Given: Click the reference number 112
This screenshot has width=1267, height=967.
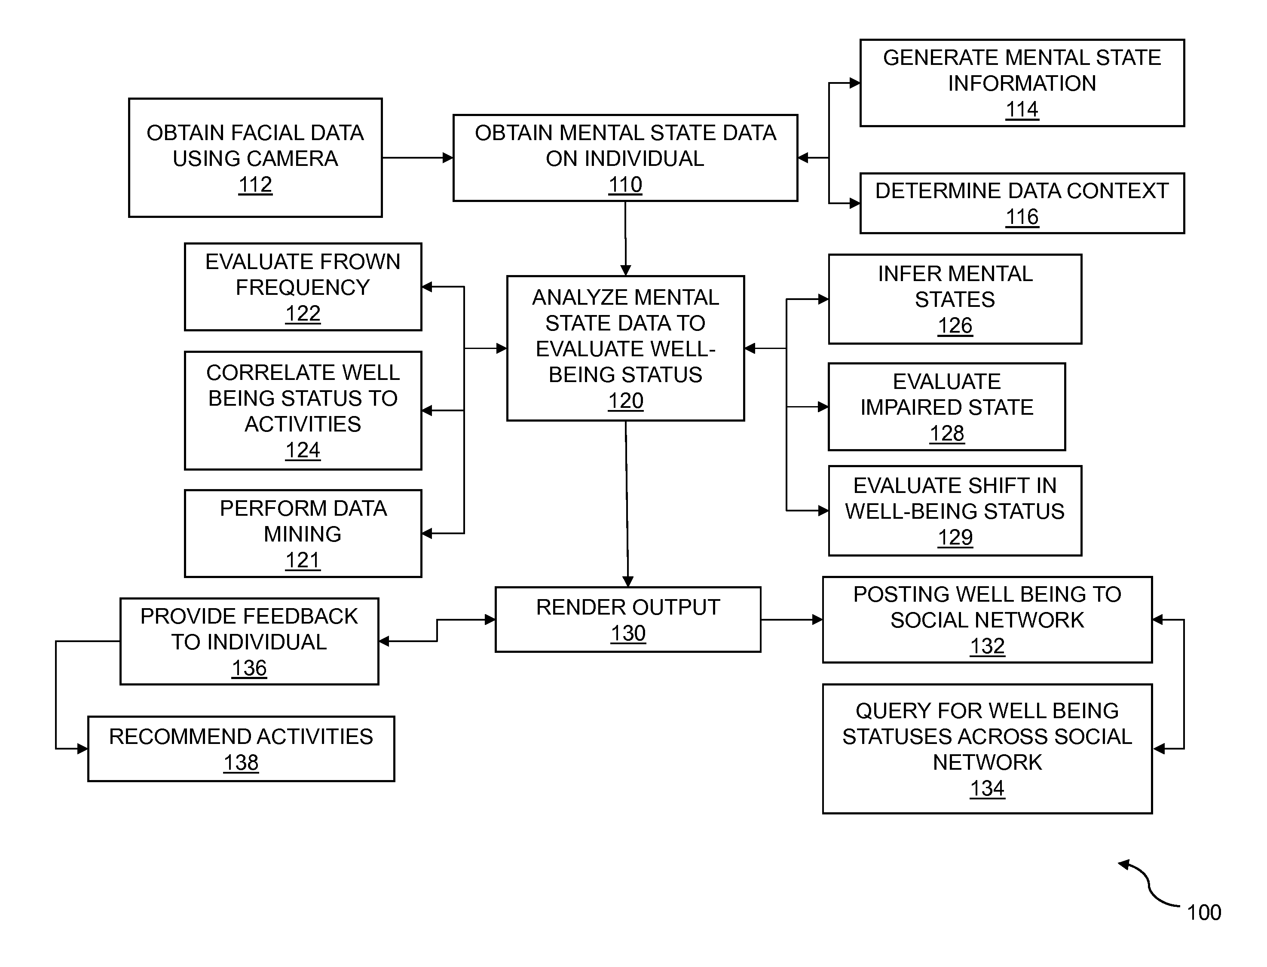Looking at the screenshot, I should (255, 185).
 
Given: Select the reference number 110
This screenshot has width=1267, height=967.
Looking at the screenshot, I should (625, 185).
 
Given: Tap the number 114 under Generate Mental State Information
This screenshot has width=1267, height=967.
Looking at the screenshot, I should (1022, 109).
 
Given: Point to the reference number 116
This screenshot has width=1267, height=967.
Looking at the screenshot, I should (1022, 217).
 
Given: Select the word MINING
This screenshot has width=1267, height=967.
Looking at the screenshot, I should (303, 534).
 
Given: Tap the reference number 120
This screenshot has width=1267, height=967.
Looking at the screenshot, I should (625, 401).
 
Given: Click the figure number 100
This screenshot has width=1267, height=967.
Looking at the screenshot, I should (1204, 912).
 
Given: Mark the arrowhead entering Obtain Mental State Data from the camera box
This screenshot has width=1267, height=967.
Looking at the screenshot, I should (447, 158).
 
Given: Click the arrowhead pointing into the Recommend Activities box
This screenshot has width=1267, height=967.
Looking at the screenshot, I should (83, 749).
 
